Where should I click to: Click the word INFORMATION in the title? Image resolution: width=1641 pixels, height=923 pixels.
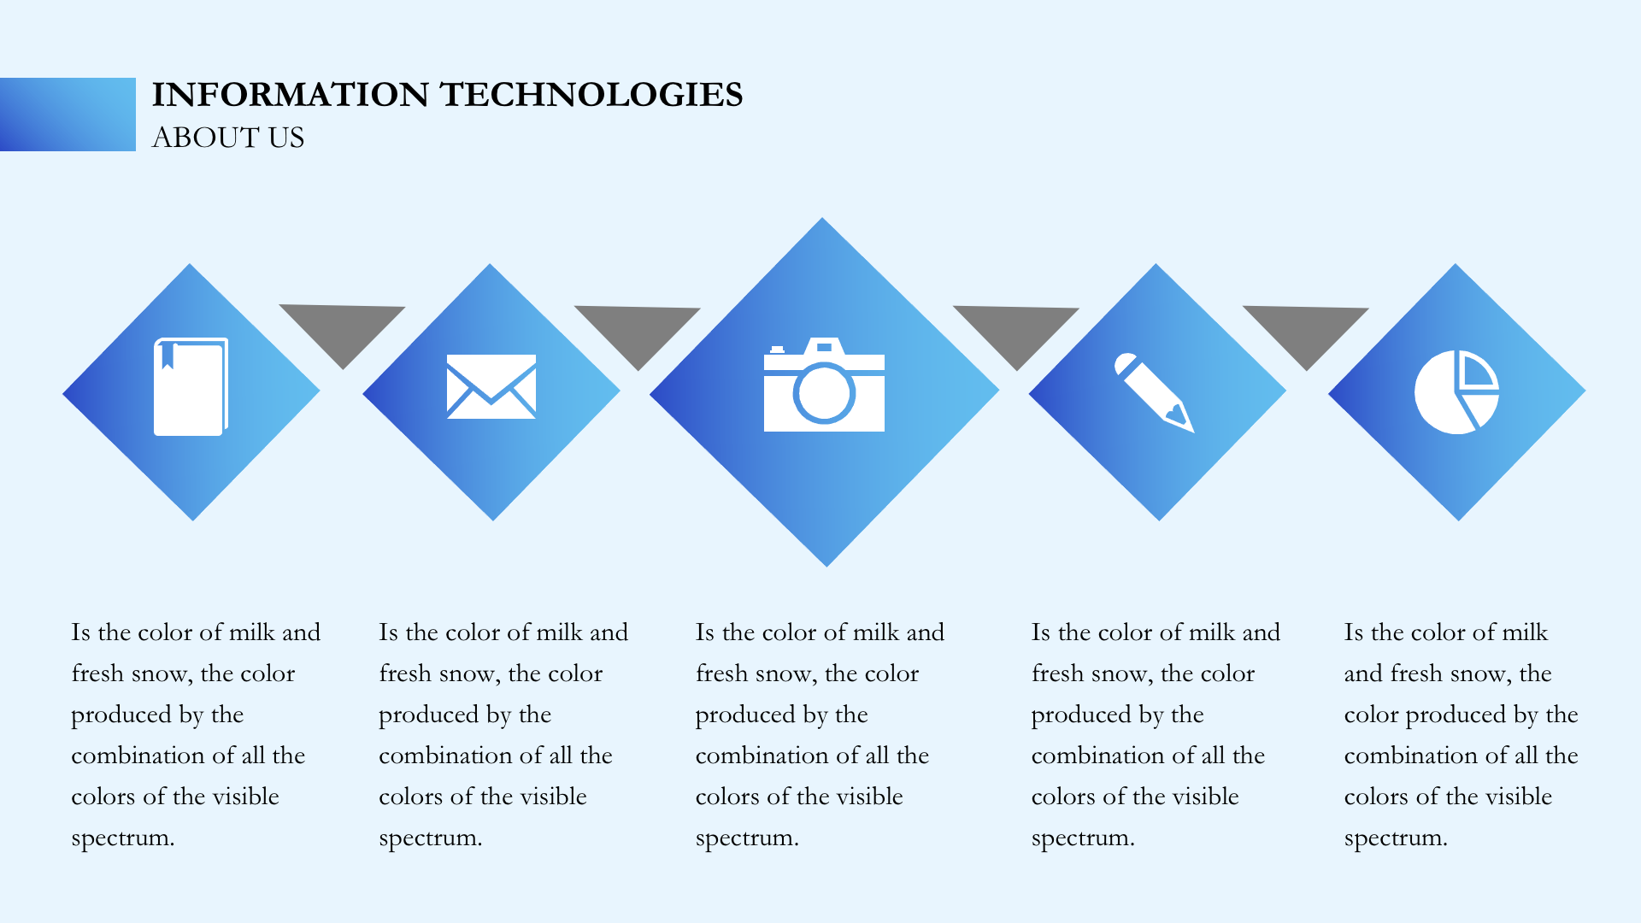pos(291,95)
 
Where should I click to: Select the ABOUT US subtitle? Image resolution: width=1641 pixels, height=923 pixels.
pos(228,138)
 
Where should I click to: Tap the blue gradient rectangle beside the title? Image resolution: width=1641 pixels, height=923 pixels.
pos(68,115)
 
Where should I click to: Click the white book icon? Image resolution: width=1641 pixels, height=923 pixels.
pos(191,386)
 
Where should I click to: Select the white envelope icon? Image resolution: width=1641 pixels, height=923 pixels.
pos(491,386)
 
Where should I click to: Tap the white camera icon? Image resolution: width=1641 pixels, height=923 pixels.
pos(824,385)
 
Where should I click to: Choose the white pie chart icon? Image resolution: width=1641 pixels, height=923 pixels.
pos(1456,391)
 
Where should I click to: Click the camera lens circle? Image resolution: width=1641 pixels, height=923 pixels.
pos(824,393)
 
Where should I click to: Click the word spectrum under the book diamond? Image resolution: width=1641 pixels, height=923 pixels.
pos(123,838)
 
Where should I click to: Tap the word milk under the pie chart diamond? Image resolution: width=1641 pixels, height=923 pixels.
pos(1526,632)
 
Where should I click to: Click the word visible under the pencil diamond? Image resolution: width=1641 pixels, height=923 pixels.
pos(1201,797)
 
